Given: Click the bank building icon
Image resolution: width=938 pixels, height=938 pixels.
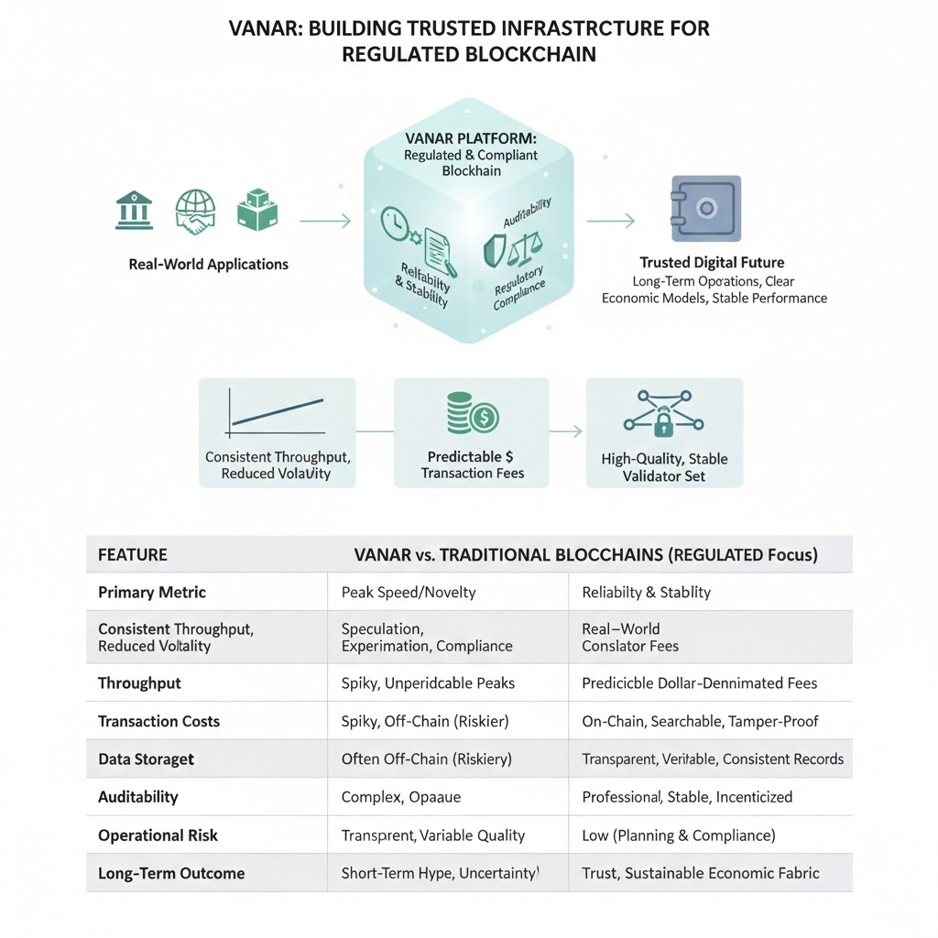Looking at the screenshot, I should tap(134, 211).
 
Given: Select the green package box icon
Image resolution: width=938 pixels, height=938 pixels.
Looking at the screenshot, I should tap(256, 211).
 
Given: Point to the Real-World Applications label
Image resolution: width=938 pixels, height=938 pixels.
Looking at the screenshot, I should tap(209, 265).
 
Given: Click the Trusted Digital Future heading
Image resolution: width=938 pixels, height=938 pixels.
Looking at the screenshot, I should tap(712, 263).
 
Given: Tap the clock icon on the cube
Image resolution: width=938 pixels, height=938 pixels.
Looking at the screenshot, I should tap(397, 223).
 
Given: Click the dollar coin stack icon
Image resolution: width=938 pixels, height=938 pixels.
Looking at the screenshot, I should tap(472, 414).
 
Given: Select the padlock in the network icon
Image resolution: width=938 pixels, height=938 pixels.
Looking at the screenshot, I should tap(662, 422).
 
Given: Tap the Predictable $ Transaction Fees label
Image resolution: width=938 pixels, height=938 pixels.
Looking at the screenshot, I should tap(472, 464).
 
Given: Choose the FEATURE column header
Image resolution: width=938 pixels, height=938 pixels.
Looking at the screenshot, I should tap(133, 554).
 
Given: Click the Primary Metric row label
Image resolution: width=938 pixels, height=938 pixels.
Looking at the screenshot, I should tap(152, 593).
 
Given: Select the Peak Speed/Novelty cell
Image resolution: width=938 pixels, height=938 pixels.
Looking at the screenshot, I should tap(409, 593).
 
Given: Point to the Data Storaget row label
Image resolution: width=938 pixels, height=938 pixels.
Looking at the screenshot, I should tap(146, 759).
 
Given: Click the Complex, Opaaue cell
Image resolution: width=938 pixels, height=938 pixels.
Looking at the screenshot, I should tap(398, 798).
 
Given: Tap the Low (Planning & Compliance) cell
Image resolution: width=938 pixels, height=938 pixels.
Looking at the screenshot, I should tap(679, 835).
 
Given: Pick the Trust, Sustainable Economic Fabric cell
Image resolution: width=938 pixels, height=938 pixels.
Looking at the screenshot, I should tap(701, 873).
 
